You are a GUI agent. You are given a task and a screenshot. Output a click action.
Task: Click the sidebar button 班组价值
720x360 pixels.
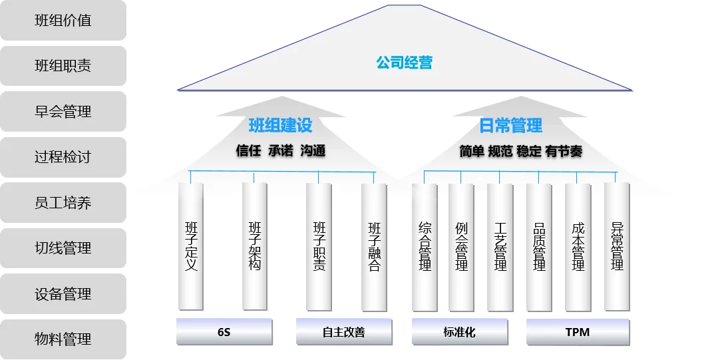[63, 21]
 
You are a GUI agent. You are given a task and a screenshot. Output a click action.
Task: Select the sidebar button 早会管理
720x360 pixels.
[63, 112]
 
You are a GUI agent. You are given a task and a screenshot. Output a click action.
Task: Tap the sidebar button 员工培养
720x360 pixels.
[63, 203]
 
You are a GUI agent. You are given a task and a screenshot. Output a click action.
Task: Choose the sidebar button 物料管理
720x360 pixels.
[63, 339]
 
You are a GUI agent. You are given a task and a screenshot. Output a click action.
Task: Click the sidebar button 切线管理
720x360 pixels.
[63, 248]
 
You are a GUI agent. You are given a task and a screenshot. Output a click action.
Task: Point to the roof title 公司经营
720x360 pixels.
[404, 63]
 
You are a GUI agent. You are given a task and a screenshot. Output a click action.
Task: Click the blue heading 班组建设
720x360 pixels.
[280, 125]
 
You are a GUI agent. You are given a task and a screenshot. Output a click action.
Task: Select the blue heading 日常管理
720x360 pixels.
[510, 125]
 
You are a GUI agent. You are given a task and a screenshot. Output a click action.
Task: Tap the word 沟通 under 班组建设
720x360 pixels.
[313, 151]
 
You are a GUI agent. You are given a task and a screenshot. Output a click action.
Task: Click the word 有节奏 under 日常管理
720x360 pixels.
[564, 152]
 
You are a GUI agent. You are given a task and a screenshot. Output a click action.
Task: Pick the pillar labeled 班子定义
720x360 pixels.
[191, 246]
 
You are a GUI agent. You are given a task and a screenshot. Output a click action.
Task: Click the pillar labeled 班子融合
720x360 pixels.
[374, 246]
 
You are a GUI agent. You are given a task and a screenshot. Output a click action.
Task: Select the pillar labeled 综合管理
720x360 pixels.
[425, 246]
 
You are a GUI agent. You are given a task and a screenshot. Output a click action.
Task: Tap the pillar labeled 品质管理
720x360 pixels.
[539, 246]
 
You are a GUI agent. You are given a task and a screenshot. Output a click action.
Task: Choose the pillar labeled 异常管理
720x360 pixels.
[617, 246]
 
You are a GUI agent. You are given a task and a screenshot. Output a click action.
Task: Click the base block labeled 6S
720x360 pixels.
[224, 332]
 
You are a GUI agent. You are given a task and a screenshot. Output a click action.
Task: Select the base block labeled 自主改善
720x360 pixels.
[343, 332]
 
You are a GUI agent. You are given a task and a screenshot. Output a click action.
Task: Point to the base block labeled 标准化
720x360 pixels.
[459, 332]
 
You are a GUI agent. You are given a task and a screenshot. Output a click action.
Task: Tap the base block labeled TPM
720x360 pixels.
[577, 332]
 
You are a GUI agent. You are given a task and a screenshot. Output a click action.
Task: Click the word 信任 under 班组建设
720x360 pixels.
[248, 151]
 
